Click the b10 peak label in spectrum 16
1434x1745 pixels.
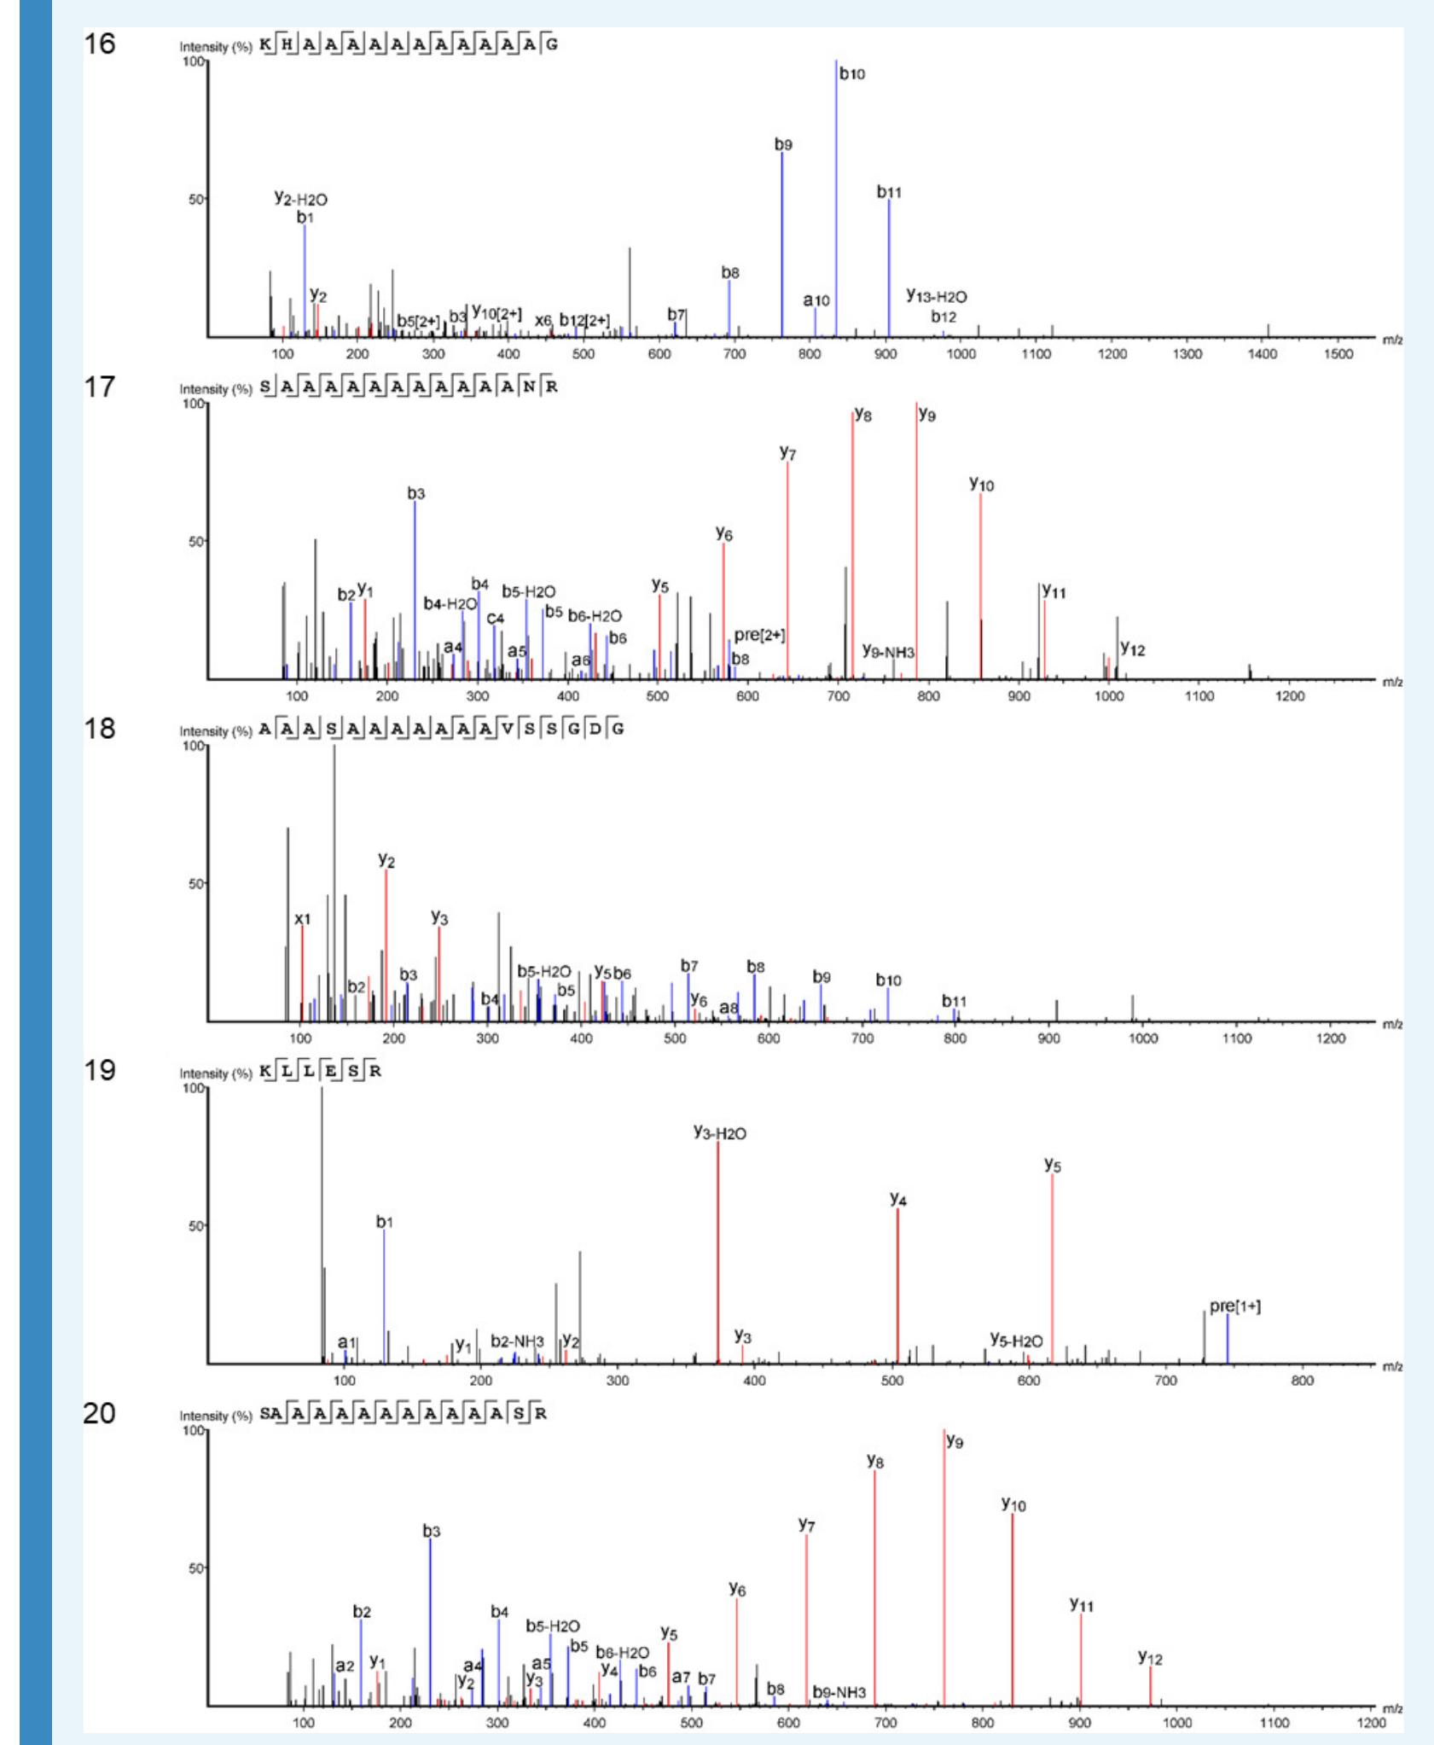point(851,74)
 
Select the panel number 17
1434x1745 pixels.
point(99,387)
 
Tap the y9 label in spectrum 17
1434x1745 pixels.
point(927,416)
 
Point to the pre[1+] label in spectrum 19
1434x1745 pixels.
point(1234,1306)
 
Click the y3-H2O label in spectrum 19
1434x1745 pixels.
point(719,1133)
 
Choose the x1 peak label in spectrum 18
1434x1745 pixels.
point(303,919)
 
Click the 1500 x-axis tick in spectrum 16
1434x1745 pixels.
point(1338,354)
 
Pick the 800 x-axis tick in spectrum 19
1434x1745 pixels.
point(1303,1380)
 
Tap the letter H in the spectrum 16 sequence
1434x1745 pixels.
point(288,44)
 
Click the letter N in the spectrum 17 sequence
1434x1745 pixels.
point(530,387)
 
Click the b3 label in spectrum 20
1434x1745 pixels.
point(432,1532)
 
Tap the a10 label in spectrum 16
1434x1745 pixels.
point(816,300)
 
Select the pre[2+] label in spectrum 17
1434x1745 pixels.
point(759,636)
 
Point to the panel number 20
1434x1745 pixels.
point(99,1413)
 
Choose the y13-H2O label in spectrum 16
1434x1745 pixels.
point(936,297)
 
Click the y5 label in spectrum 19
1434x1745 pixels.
point(1053,1166)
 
